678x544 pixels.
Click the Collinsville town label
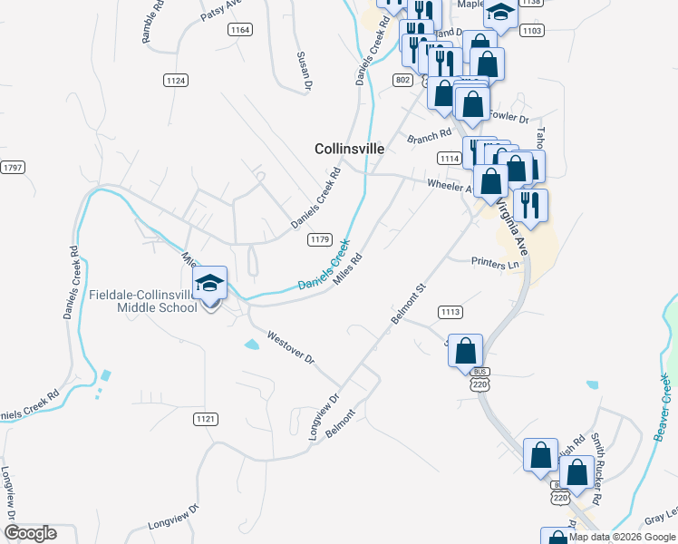[x=349, y=148]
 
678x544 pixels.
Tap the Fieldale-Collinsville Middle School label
[x=143, y=301]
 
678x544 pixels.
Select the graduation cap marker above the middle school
[x=209, y=285]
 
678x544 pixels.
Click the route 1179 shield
[x=318, y=239]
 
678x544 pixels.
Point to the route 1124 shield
[x=176, y=81]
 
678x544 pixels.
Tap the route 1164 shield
[x=240, y=30]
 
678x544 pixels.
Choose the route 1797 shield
[x=13, y=168]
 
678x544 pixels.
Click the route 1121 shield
[x=206, y=418]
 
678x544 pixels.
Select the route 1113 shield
[x=450, y=312]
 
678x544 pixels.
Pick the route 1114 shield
[x=449, y=158]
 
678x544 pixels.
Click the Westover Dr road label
[x=290, y=347]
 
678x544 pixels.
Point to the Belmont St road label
[x=408, y=304]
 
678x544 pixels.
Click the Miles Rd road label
[x=348, y=269]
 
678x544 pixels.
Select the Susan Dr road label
[x=305, y=71]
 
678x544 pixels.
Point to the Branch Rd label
[x=429, y=137]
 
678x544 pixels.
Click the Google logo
[x=30, y=533]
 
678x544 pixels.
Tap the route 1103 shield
[x=532, y=31]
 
